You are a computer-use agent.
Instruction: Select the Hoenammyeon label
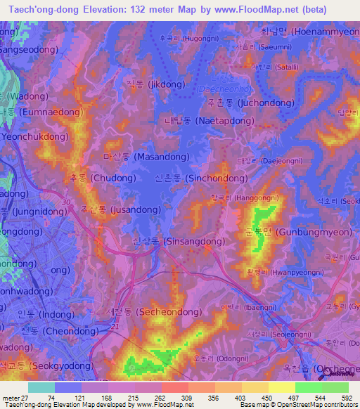(309, 31)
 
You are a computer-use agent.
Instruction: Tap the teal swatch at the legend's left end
(41, 387)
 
